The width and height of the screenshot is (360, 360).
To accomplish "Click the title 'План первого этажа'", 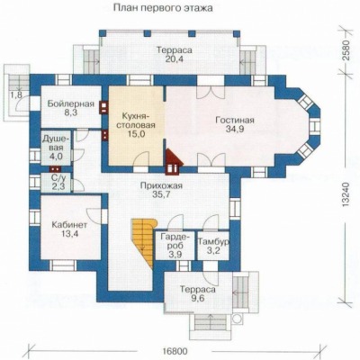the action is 163,8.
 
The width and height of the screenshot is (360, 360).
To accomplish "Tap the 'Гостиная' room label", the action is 235,121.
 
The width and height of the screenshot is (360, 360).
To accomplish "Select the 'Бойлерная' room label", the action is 71,104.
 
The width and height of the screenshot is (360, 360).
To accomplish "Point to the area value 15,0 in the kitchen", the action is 136,134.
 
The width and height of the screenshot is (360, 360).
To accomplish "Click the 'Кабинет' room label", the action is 69,225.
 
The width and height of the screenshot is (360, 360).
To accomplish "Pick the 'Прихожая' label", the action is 161,185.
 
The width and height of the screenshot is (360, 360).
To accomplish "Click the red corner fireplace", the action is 174,161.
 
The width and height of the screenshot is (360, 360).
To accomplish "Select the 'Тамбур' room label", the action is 213,241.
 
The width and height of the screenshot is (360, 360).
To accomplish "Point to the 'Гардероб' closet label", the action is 175,241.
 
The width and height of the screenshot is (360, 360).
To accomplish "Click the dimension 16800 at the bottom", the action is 175,351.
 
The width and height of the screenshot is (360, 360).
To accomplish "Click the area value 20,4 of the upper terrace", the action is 175,59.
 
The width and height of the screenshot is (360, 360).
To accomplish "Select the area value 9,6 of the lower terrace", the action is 197,299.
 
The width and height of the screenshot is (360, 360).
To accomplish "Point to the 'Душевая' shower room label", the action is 57,143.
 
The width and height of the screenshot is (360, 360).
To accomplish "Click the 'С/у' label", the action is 57,178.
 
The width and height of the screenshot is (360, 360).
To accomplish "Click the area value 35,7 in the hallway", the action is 161,194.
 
